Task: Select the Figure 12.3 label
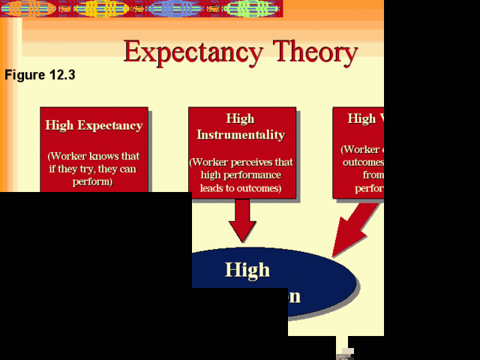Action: coord(40,76)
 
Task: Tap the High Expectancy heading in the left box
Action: coord(94,125)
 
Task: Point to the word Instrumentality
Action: coord(241,135)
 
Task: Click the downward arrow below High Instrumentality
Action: coord(241,220)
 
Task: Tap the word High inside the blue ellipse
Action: coord(247,269)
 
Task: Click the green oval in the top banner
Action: coord(252,8)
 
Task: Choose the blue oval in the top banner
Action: coord(173,8)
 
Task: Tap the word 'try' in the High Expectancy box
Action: coord(84,169)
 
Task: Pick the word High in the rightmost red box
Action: coord(361,118)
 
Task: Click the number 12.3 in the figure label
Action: coord(61,76)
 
